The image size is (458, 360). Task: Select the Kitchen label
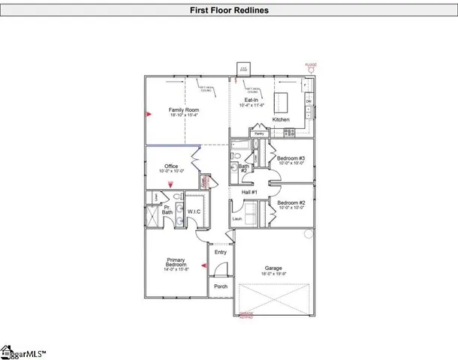281,120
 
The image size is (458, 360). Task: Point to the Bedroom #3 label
290,159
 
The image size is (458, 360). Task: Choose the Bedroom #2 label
290,204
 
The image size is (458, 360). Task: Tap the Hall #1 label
249,193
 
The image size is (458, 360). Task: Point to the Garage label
274,268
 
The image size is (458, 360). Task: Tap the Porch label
221,286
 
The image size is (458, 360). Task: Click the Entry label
220,252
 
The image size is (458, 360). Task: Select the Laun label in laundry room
237,219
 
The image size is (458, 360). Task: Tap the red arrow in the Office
170,184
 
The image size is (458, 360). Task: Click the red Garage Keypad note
246,316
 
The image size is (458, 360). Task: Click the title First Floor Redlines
228,10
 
